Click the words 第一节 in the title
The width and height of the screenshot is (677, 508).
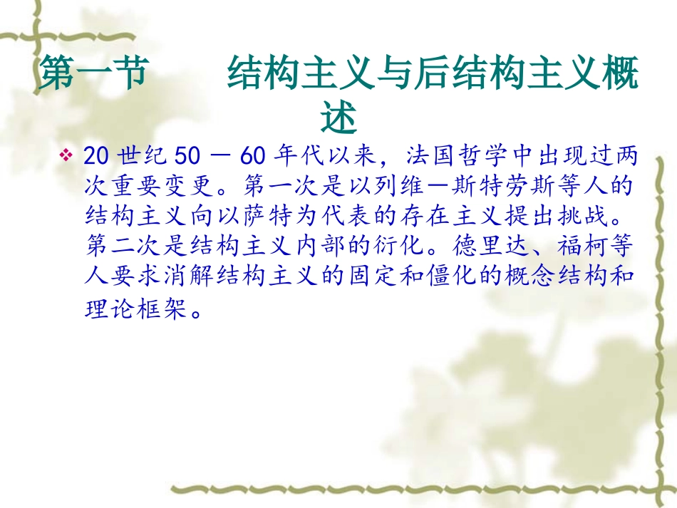[92, 74]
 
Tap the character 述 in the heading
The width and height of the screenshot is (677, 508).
[338, 118]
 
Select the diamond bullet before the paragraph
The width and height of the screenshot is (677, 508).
[67, 154]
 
